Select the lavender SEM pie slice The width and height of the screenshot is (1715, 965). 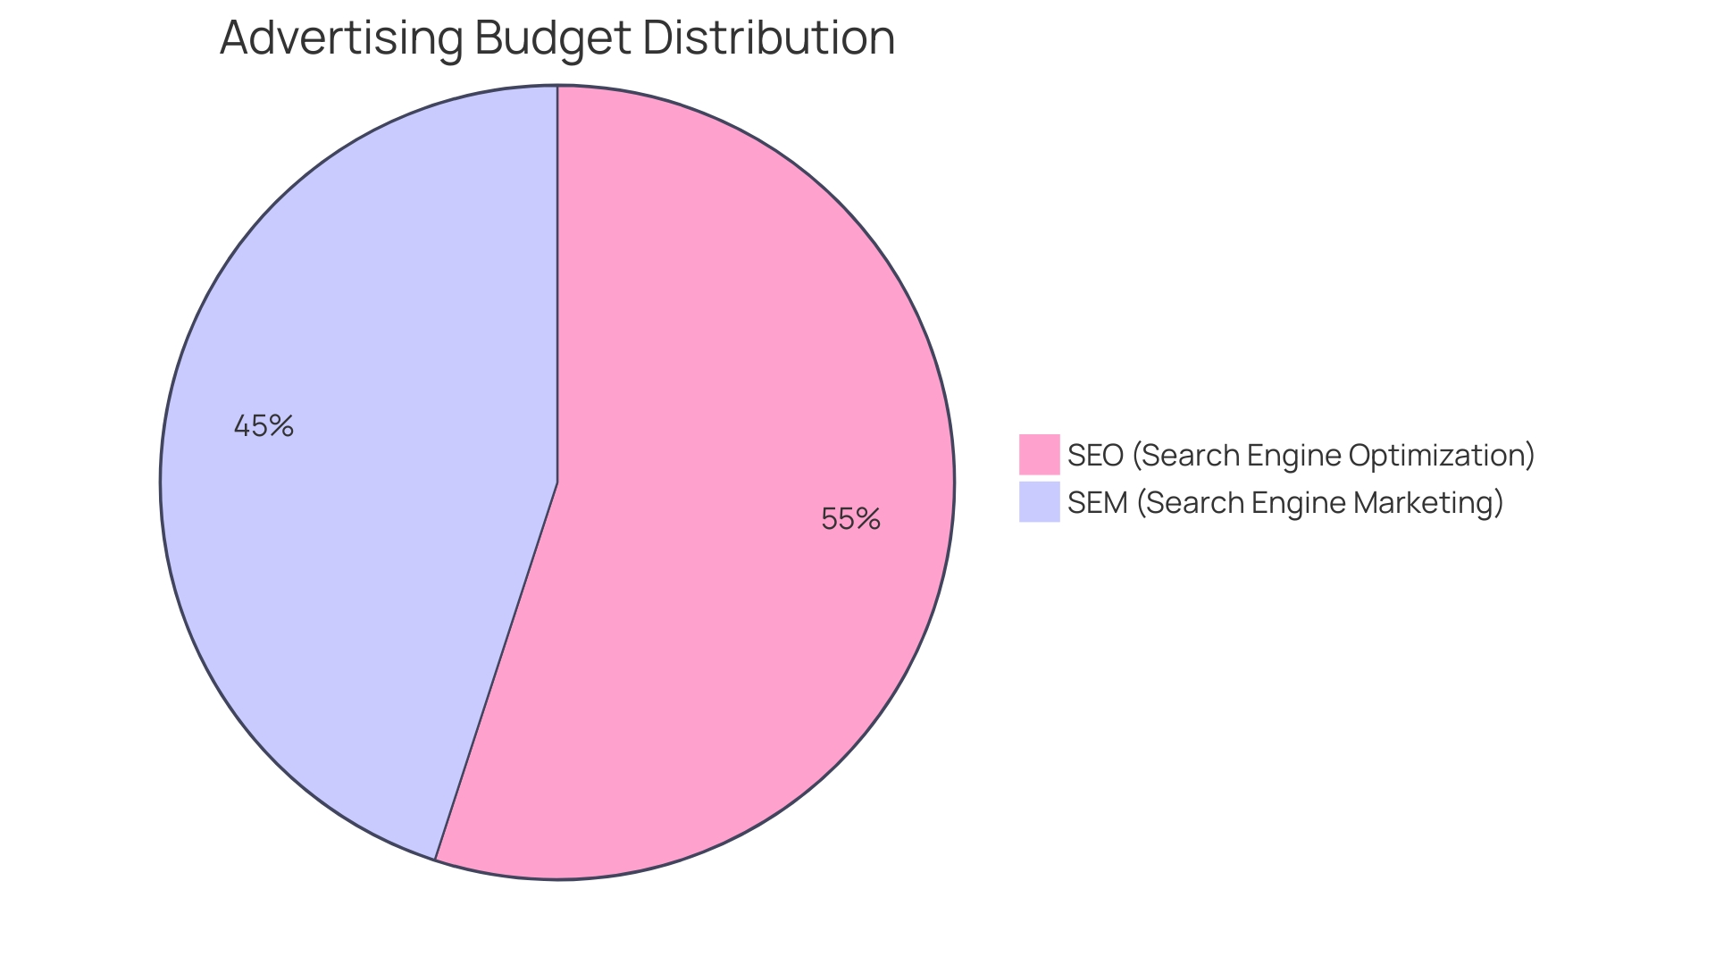[357, 536]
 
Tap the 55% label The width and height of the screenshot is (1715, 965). [850, 519]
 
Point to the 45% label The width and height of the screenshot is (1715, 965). [264, 426]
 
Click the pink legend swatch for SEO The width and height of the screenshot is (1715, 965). [1039, 455]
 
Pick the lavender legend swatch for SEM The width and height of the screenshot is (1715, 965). [1039, 502]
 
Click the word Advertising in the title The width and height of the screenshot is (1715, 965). [341, 38]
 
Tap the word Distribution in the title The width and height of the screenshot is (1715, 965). [768, 38]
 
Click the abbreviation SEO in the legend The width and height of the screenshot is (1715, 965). [1095, 456]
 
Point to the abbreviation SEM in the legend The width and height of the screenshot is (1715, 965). [1097, 503]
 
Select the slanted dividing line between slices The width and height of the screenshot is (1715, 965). [497, 670]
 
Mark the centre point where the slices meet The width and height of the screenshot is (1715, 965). [557, 482]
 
